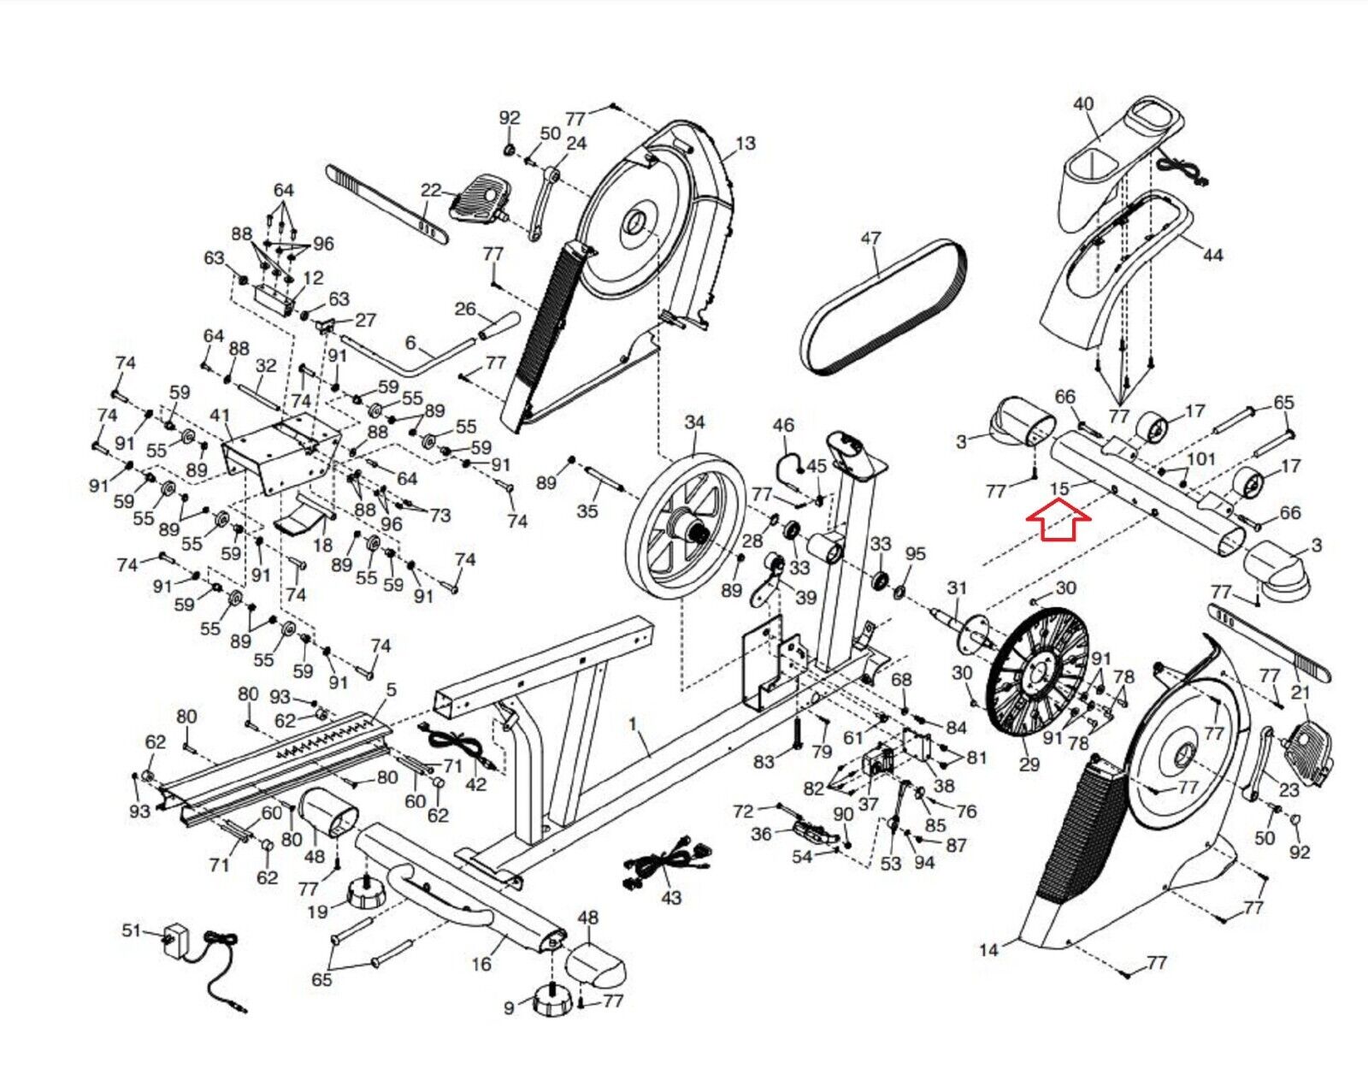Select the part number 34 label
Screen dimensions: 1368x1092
tap(694, 422)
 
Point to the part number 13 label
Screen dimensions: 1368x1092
tap(745, 143)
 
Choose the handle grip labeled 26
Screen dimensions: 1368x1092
tap(499, 326)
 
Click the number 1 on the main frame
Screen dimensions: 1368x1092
tap(633, 723)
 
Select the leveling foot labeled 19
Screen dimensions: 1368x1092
tap(366, 896)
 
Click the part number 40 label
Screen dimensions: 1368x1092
tap(1083, 103)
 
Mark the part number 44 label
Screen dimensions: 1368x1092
tap(1212, 254)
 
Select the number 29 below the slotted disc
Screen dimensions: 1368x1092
tap(1029, 764)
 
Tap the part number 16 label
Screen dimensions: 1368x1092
tap(481, 964)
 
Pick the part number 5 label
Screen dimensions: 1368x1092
tap(391, 689)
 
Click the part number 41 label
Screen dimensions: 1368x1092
tap(220, 416)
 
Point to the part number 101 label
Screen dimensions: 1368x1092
tap(1200, 458)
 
